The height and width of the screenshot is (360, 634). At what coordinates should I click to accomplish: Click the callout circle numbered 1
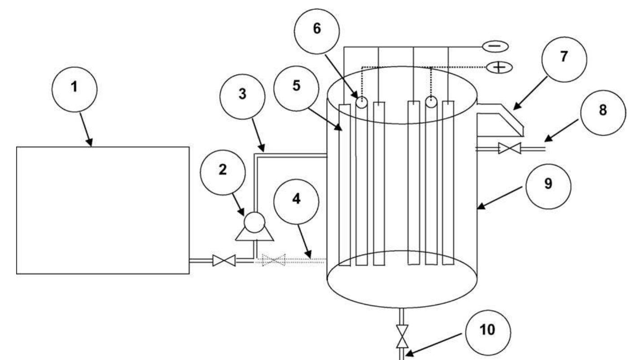[75, 87]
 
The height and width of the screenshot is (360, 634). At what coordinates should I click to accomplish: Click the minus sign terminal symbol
[495, 46]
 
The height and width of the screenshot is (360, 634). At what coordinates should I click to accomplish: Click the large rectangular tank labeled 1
[103, 210]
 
